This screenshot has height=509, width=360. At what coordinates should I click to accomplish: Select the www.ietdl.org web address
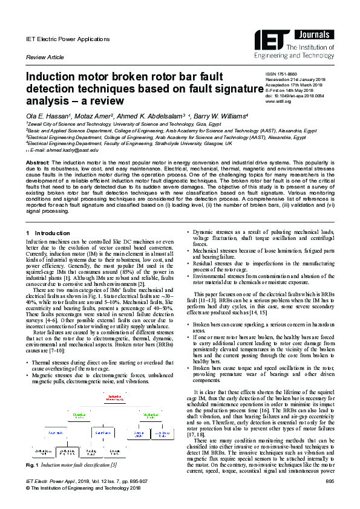279,102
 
